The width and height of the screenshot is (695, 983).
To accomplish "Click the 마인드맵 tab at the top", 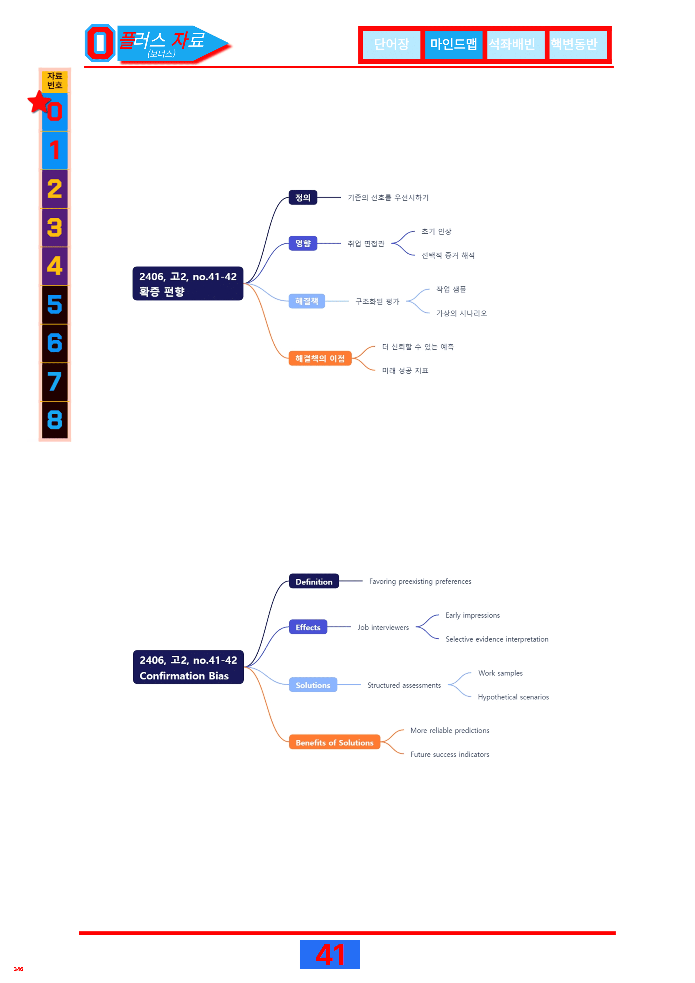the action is click(x=454, y=44).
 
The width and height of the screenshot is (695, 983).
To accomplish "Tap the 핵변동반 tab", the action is click(x=578, y=44).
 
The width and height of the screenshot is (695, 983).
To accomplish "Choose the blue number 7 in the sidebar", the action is click(x=54, y=381).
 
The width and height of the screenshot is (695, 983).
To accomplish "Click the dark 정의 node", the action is click(x=303, y=197).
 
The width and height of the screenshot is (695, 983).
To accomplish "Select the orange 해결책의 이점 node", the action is click(x=320, y=358).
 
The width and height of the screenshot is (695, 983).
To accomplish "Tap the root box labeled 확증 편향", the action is click(x=188, y=283).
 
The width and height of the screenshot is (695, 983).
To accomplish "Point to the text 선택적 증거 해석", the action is click(x=448, y=256).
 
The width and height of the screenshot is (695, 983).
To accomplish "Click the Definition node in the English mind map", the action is click(x=314, y=581).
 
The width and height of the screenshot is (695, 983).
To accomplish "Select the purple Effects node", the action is click(x=308, y=627).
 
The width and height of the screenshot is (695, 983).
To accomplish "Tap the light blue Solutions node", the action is click(x=313, y=685).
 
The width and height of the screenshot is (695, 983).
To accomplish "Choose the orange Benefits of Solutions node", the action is click(x=334, y=742).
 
